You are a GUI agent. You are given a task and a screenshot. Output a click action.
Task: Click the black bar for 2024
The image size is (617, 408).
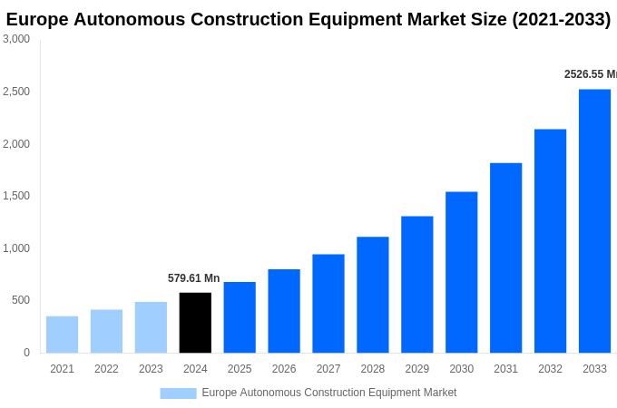tap(195, 323)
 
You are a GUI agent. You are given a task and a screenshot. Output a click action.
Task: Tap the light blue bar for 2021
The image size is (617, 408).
tap(62, 335)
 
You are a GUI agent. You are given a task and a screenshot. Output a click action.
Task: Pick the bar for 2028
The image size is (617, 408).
tap(372, 295)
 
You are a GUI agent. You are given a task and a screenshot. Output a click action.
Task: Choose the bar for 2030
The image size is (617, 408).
tap(461, 272)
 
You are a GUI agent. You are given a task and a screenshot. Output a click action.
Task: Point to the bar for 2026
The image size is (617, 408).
tap(284, 311)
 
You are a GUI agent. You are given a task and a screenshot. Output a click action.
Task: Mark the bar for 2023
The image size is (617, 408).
tap(151, 327)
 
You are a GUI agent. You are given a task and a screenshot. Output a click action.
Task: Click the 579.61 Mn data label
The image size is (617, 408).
tap(193, 278)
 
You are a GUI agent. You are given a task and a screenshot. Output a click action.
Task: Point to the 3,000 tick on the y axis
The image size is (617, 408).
tap(16, 39)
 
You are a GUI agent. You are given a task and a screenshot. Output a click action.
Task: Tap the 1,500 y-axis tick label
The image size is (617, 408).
tap(16, 196)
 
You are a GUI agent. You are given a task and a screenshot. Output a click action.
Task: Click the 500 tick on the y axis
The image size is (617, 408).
tap(20, 300)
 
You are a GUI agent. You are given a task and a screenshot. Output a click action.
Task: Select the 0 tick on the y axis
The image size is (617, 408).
tap(26, 353)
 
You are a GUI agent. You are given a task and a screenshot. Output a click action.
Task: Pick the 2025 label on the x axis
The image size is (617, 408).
tap(240, 369)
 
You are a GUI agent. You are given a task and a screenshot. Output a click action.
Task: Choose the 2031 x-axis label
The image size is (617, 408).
tap(505, 369)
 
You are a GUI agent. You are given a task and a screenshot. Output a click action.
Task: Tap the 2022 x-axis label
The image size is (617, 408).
tap(106, 369)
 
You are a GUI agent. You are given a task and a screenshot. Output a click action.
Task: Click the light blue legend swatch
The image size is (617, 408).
tap(178, 393)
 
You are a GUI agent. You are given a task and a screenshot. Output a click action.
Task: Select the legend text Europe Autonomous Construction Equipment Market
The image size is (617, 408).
tap(329, 393)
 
